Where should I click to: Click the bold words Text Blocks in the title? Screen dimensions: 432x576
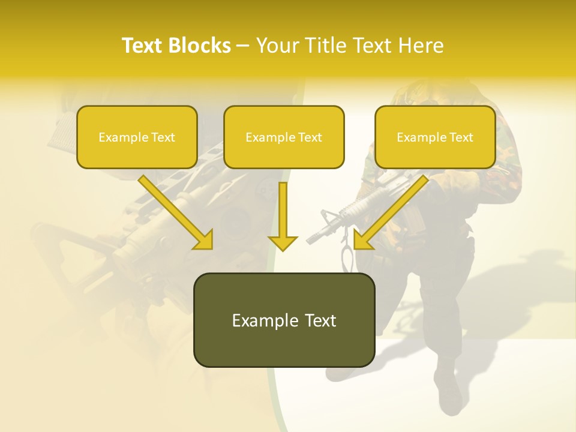(x=176, y=46)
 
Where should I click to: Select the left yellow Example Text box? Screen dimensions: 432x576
(x=137, y=137)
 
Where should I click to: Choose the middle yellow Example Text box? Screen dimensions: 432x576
(x=284, y=137)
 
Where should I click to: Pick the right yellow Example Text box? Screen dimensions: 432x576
(x=435, y=137)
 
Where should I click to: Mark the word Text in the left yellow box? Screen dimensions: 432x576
(x=163, y=137)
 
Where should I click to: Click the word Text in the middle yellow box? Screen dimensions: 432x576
(x=310, y=137)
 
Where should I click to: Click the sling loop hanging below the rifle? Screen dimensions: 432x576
(x=347, y=255)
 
